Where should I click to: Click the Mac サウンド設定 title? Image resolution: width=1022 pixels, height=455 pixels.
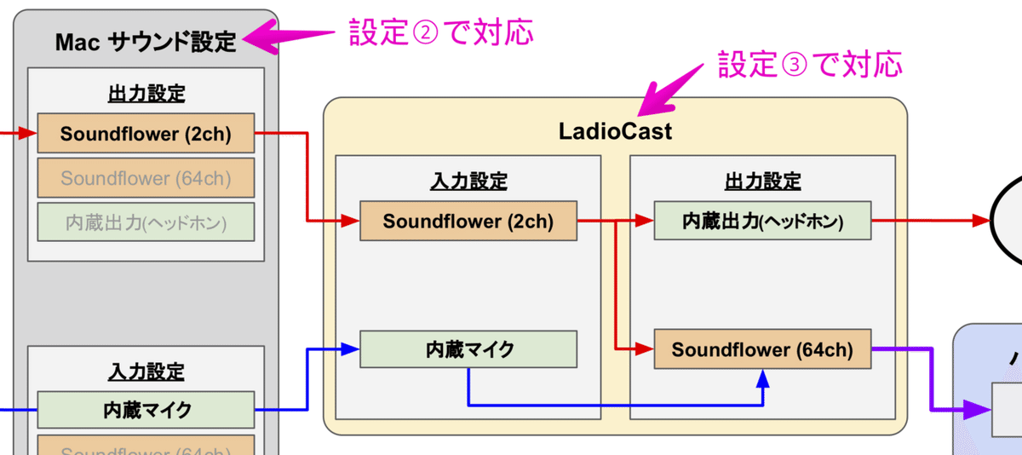pyautogui.click(x=146, y=42)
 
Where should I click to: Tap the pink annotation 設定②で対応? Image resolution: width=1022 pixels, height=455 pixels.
pyautogui.click(x=440, y=32)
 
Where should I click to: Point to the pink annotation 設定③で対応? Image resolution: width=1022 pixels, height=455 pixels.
pyautogui.click(x=809, y=63)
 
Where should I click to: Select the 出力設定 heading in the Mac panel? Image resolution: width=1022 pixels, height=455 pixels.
pyautogui.click(x=146, y=94)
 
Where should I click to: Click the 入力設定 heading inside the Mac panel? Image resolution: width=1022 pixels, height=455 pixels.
pyautogui.click(x=146, y=371)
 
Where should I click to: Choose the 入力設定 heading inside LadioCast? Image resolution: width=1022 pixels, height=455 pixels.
pyautogui.click(x=468, y=181)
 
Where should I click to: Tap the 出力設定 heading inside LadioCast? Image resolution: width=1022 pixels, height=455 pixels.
pyautogui.click(x=762, y=181)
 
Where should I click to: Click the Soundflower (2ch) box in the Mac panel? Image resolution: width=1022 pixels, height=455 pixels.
pyautogui.click(x=146, y=135)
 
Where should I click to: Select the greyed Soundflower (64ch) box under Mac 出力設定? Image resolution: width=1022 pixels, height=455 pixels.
pyautogui.click(x=146, y=178)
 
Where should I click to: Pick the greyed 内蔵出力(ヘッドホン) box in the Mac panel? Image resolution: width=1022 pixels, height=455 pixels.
pyautogui.click(x=146, y=222)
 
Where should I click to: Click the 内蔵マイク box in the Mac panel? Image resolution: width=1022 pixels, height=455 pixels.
pyautogui.click(x=146, y=411)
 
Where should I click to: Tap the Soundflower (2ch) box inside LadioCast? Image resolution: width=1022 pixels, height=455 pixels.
pyautogui.click(x=468, y=222)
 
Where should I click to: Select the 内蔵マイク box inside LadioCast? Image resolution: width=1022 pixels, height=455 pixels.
pyautogui.click(x=468, y=349)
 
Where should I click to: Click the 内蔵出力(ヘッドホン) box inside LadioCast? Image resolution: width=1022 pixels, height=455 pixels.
pyautogui.click(x=762, y=222)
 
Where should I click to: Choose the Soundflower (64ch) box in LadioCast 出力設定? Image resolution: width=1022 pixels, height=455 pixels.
pyautogui.click(x=762, y=349)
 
